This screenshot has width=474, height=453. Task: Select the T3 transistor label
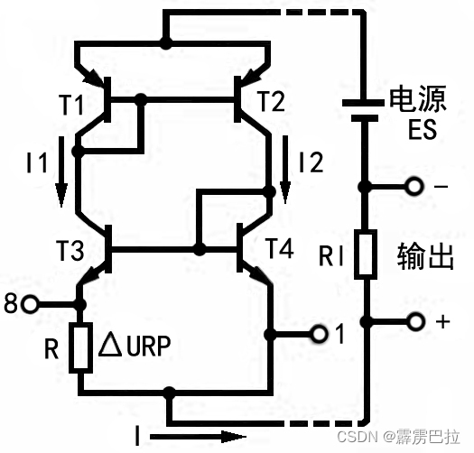pos(73,250)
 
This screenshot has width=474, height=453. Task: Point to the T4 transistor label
pos(279,249)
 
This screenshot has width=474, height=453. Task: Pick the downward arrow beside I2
pos(286,168)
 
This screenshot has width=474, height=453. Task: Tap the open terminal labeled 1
pos(319,335)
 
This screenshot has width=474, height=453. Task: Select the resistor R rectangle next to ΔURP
pos(79,347)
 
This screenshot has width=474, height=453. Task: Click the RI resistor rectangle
pos(366,254)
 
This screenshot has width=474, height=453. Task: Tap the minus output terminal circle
pos(415,187)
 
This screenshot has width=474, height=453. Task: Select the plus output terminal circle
pos(415,321)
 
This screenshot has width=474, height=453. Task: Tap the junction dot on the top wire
pos(164,42)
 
